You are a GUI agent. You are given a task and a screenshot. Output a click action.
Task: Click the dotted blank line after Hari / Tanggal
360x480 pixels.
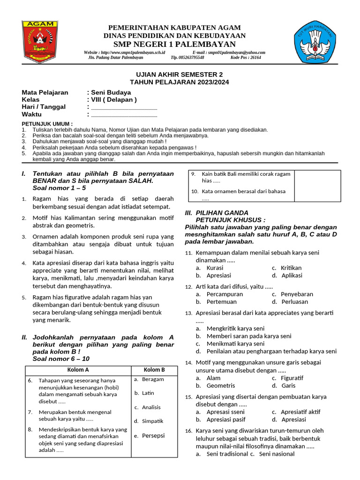tap(124, 107)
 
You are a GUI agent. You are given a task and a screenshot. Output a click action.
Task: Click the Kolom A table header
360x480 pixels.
tap(78, 369)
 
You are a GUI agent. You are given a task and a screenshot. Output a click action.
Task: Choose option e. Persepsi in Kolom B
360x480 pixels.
tap(150, 435)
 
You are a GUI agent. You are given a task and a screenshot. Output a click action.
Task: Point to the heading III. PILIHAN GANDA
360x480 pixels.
tap(217, 212)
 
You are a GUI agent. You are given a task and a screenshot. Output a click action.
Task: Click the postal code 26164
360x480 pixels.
tap(255, 58)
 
